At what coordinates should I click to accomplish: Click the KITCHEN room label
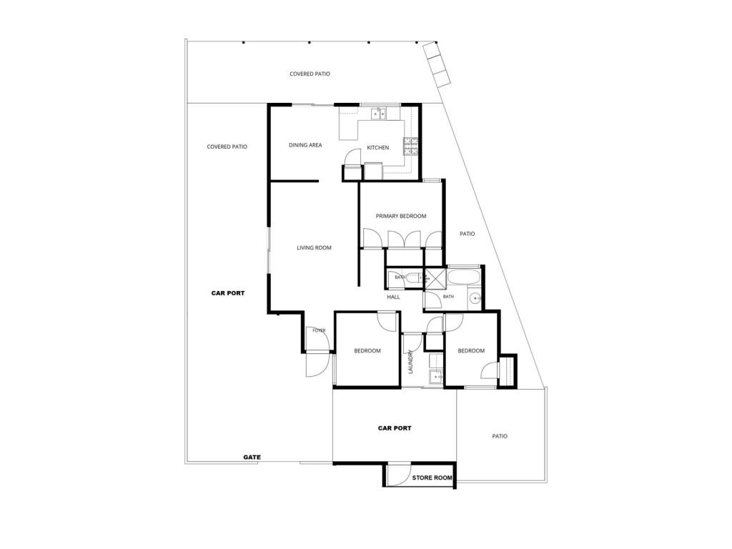click(x=377, y=147)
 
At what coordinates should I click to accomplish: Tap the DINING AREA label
click(x=305, y=145)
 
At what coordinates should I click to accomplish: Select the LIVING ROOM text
click(x=315, y=248)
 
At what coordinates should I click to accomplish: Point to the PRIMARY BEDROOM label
click(x=401, y=216)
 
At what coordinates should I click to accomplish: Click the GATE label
click(x=252, y=457)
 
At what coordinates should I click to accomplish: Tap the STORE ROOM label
click(x=432, y=478)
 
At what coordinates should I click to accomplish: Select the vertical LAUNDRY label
click(x=411, y=362)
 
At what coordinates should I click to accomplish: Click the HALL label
click(x=394, y=297)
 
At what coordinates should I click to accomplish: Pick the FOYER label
click(x=319, y=330)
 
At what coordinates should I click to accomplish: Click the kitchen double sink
click(x=379, y=114)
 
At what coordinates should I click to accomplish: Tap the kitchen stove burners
click(x=411, y=146)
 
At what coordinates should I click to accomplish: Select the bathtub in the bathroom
click(x=463, y=278)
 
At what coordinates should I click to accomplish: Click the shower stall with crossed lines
click(x=435, y=278)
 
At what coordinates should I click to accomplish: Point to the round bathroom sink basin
click(x=475, y=298)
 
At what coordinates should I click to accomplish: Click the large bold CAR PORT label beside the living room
click(x=228, y=293)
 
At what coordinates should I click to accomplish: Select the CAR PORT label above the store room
click(x=395, y=428)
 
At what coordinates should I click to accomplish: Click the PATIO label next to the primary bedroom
click(x=468, y=234)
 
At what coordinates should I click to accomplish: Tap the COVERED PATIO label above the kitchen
click(x=310, y=74)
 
